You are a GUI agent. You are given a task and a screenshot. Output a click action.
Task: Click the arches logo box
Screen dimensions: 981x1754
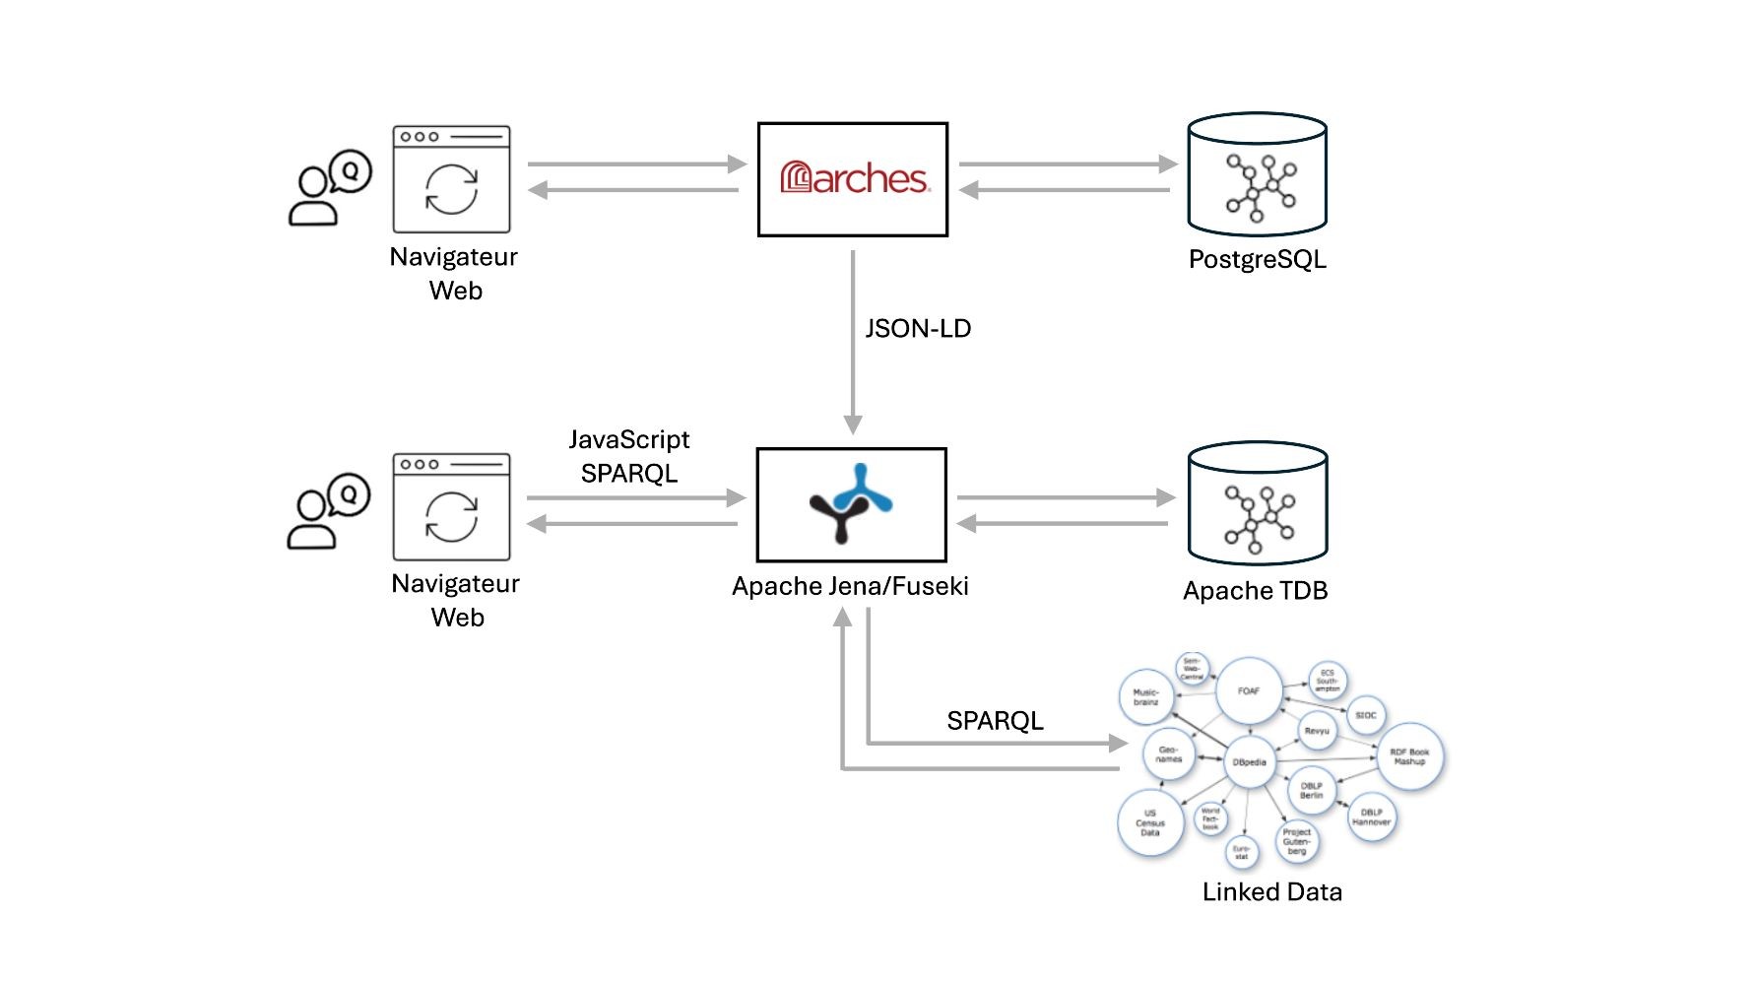pos(852,179)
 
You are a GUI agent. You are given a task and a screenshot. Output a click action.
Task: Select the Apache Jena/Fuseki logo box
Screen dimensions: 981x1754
pos(851,504)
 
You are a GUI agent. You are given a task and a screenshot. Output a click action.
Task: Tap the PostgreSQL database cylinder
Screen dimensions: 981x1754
pos(1257,174)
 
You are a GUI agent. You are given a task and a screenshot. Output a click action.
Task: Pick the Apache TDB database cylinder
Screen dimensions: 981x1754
pos(1257,503)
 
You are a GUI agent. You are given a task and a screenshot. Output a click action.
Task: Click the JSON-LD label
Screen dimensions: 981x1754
pos(918,329)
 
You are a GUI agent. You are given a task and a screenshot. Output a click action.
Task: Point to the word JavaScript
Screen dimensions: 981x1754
pos(629,439)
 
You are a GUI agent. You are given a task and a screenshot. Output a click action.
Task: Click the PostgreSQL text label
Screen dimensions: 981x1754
pos(1257,260)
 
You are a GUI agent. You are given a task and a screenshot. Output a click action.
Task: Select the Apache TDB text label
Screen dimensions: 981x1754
pos(1255,591)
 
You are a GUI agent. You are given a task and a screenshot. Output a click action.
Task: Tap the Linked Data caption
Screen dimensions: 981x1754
pos(1271,892)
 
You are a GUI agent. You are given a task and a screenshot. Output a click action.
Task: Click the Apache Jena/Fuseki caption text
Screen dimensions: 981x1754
pos(850,587)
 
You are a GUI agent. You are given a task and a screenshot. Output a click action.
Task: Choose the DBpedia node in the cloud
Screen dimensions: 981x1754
pos(1250,762)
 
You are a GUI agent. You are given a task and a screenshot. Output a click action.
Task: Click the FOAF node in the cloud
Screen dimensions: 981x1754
pos(1249,691)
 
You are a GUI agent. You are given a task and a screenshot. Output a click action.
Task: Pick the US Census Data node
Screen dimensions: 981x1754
pos(1149,823)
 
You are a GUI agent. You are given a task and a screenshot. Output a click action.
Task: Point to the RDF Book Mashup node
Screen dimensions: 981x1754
pos(1409,756)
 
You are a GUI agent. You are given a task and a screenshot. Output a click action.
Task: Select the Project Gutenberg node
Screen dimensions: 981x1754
pos(1296,841)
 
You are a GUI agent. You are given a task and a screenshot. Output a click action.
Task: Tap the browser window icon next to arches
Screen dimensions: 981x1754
pos(451,179)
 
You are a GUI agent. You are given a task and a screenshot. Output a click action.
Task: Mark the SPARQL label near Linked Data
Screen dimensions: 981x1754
pos(995,721)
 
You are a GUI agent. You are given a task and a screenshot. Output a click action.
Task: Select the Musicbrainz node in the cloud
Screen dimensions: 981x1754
pos(1145,697)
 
